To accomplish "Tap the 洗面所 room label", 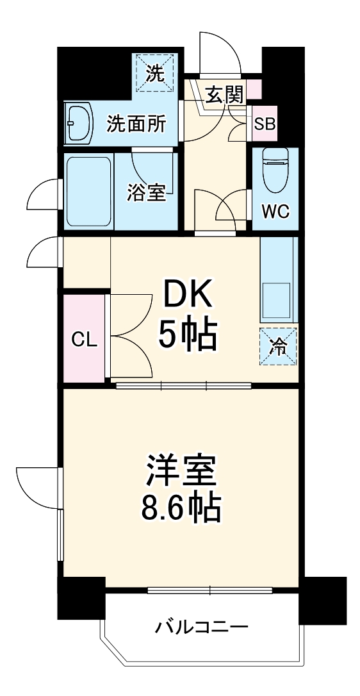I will [136, 124].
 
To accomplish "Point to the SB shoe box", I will [265, 124].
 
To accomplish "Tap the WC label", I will [275, 211].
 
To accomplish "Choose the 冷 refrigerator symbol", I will [279, 346].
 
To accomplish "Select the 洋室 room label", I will [181, 472].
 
